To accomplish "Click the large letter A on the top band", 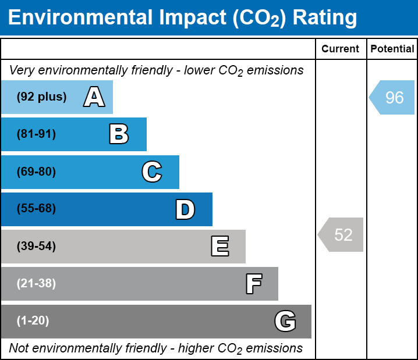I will click(x=94, y=97).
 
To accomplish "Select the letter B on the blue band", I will click(x=119, y=134).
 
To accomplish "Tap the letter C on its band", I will click(x=151, y=172).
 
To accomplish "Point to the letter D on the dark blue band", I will click(x=185, y=209).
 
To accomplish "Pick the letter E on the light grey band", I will click(x=219, y=247).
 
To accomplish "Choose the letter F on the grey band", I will click(x=253, y=284).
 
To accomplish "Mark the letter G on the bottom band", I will click(x=285, y=321).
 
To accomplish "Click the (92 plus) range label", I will click(x=41, y=97).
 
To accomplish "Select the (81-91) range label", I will click(x=36, y=134).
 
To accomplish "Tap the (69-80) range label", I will click(x=36, y=172).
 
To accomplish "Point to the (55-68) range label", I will click(x=36, y=209).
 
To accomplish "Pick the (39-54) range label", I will click(x=36, y=247).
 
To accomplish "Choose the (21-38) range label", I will click(x=36, y=284).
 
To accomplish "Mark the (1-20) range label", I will click(x=33, y=321).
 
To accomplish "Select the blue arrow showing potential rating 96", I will click(x=392, y=97).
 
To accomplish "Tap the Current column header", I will click(x=341, y=49).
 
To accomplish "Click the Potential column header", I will click(x=392, y=49).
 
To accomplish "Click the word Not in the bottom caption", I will click(x=19, y=348).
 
